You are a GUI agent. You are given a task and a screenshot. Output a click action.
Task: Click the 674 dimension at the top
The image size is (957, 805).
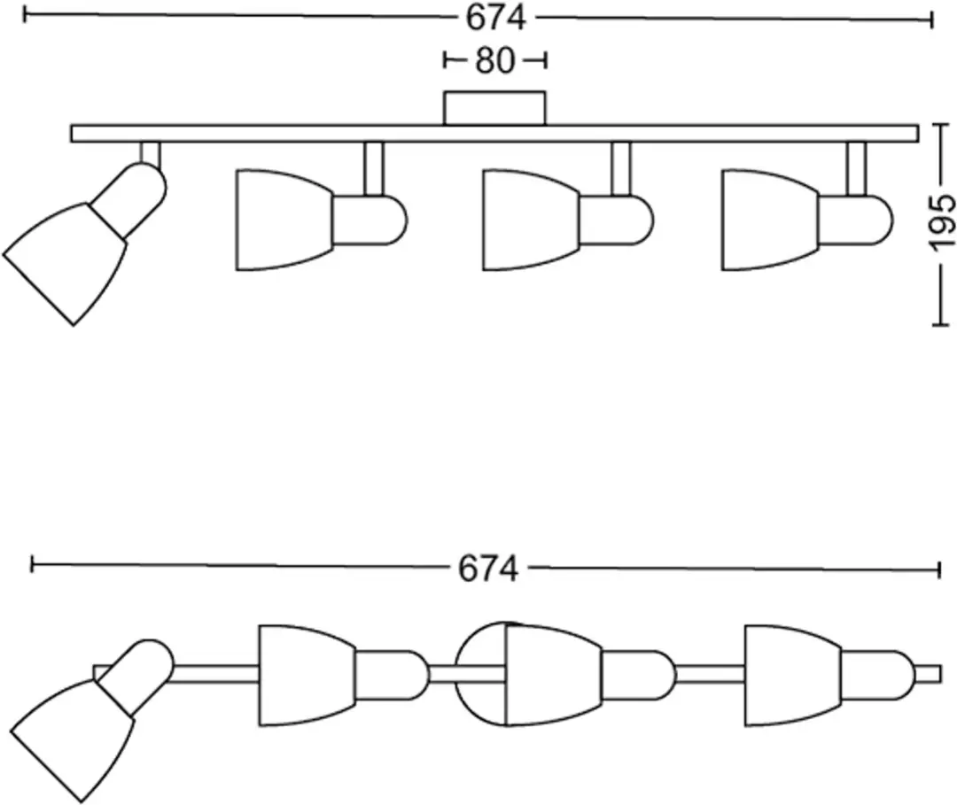[x=495, y=19]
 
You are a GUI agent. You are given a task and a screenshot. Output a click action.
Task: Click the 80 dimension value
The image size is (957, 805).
[x=495, y=61]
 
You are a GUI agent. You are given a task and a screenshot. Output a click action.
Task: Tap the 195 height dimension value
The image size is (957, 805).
[x=940, y=222]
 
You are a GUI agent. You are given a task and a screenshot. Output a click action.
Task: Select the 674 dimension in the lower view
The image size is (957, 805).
[x=488, y=569]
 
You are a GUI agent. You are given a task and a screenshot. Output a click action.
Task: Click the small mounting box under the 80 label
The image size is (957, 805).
[x=495, y=109]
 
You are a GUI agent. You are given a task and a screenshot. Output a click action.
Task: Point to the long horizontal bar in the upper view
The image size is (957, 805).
[x=495, y=134]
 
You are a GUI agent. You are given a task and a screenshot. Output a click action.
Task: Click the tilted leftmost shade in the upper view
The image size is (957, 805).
[x=64, y=263]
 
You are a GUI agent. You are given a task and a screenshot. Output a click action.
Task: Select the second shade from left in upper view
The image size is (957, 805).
[x=284, y=221]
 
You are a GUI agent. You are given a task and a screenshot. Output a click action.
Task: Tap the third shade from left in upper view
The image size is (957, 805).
[x=531, y=221]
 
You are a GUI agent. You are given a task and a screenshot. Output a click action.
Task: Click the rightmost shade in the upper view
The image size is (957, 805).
[x=770, y=221]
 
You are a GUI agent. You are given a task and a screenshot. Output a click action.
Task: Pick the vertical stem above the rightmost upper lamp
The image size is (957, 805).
[x=856, y=169]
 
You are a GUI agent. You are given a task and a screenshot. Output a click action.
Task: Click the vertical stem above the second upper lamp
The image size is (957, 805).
[x=374, y=169]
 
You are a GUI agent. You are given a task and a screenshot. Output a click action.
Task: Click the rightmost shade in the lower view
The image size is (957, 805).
[x=794, y=675]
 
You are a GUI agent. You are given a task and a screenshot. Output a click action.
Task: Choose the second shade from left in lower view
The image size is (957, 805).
[x=308, y=675]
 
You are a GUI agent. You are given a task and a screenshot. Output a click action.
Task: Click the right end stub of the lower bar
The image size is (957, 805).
[x=928, y=674]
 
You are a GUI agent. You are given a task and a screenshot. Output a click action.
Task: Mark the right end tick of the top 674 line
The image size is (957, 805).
[x=932, y=19]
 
